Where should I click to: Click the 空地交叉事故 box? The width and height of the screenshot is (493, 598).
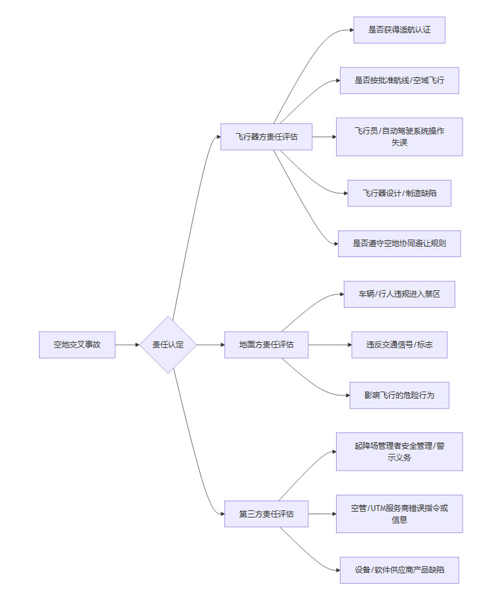click(77, 345)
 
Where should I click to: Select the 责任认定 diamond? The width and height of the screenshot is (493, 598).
click(168, 345)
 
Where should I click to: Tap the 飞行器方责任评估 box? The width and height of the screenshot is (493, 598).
click(266, 137)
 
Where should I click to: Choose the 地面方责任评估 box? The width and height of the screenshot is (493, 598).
click(266, 345)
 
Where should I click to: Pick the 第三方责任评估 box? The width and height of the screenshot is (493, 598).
click(266, 514)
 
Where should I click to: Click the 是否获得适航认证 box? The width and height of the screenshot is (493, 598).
click(399, 30)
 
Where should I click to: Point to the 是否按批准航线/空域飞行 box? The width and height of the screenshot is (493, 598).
click(399, 81)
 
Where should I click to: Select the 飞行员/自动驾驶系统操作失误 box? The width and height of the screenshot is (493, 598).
click(399, 137)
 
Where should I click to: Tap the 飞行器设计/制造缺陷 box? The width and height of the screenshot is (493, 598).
click(399, 193)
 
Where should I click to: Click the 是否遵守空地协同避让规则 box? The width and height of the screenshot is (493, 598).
click(399, 243)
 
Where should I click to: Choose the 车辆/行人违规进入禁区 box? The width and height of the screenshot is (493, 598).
click(399, 294)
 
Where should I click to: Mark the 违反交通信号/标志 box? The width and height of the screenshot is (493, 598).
click(399, 345)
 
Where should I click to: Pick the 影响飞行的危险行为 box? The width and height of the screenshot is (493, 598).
click(399, 395)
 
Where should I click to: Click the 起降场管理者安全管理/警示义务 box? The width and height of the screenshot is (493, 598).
click(399, 451)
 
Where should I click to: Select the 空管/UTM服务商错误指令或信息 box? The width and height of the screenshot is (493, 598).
click(399, 514)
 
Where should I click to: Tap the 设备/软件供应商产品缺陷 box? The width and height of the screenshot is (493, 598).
click(399, 570)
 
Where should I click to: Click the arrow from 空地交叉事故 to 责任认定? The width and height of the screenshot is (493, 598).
click(127, 345)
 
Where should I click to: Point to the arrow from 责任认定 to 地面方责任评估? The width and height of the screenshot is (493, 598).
click(210, 345)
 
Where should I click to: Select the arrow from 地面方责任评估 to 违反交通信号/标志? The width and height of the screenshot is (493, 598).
click(330, 345)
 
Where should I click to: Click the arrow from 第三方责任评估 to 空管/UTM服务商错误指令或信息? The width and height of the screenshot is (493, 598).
click(322, 514)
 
